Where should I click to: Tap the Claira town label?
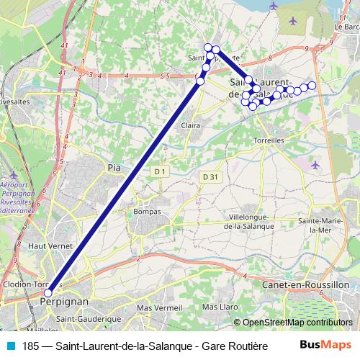[191, 125]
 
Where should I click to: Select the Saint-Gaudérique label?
[89, 318]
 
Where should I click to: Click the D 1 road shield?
[160, 171]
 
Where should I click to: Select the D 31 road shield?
[210, 177]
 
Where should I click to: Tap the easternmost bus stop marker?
[312, 86]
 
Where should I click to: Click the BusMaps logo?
[329, 346]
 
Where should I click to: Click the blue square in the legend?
[9, 346]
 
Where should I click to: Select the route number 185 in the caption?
[31, 346]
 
